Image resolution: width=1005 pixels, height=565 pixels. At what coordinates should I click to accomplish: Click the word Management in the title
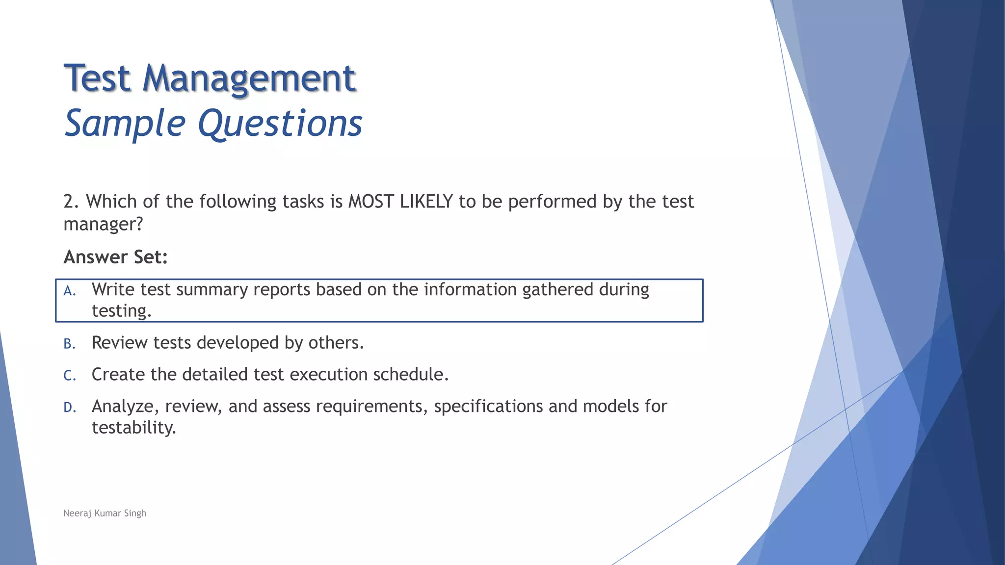point(249,78)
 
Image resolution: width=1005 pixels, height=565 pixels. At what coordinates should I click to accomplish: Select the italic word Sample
point(125,124)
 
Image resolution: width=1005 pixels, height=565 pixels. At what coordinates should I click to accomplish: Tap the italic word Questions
point(280,124)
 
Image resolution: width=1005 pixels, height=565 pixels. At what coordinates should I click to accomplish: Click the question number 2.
point(70,202)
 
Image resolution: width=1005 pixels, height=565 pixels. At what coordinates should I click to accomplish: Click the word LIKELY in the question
point(426,202)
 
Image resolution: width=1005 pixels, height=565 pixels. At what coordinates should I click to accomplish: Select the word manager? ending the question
point(103,224)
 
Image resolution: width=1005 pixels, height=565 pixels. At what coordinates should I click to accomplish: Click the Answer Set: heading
point(115,257)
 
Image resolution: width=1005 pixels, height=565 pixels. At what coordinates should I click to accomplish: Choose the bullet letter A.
point(69,291)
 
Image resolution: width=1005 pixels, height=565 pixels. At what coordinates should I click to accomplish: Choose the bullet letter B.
point(69,344)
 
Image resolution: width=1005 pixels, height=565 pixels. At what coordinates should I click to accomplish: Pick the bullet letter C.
point(69,376)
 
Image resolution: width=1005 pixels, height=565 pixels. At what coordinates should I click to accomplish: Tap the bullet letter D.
point(69,408)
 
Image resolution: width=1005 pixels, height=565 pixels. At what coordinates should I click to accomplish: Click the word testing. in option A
point(121,311)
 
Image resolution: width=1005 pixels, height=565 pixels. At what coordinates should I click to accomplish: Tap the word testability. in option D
point(133,428)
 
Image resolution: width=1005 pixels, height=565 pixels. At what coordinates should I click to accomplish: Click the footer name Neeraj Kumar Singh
point(105,513)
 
